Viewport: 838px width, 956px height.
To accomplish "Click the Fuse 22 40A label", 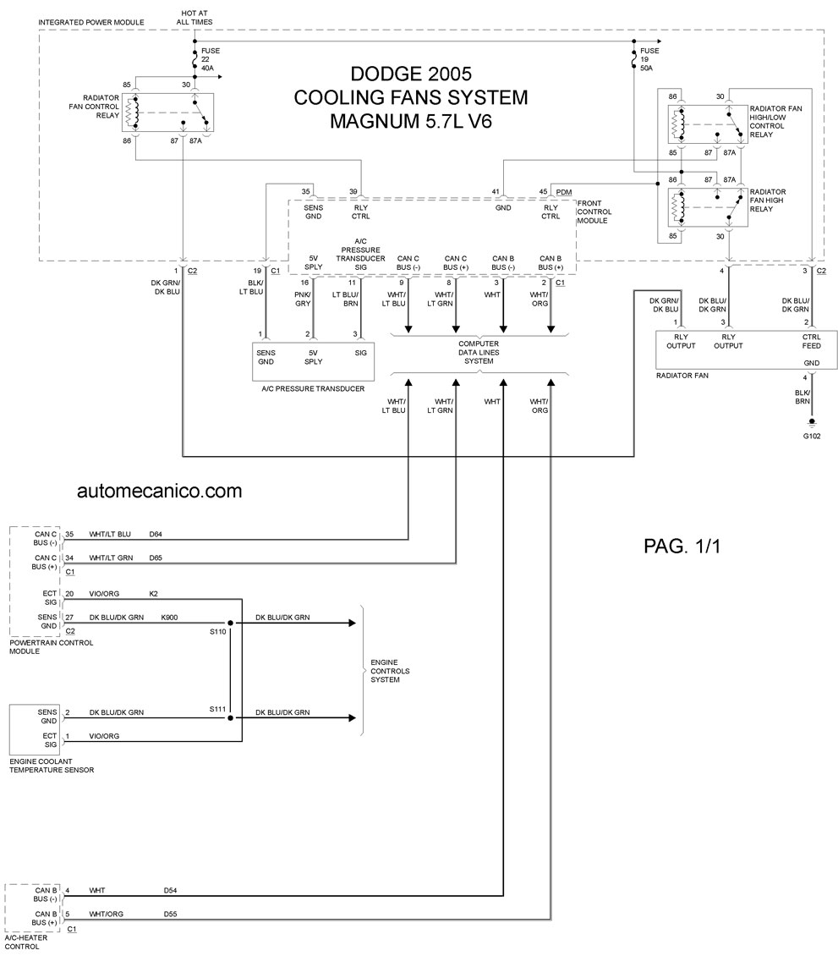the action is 211,59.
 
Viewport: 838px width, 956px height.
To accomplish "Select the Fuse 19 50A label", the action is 649,59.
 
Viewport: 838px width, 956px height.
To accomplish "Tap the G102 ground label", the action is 811,436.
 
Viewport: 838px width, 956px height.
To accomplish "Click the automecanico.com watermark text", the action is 159,491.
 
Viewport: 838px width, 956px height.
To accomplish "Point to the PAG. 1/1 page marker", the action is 682,546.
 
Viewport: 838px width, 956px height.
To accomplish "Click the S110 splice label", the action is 217,632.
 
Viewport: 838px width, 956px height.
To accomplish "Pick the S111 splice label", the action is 217,709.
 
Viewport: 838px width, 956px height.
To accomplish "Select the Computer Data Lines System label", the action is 479,353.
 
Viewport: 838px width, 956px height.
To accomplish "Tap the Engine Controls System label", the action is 390,671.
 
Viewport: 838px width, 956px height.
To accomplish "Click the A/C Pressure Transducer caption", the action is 313,388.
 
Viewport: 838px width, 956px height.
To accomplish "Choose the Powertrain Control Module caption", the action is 52,647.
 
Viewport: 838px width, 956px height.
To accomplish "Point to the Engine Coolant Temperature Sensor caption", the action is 52,766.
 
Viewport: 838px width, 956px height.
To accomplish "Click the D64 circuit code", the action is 156,534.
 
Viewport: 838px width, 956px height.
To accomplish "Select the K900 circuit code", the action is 169,617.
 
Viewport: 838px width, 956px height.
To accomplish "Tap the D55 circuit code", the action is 170,914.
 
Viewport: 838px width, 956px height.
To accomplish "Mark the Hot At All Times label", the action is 194,18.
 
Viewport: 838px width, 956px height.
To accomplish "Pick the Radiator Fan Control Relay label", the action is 94,106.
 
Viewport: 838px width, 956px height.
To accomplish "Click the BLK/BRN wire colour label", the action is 802,397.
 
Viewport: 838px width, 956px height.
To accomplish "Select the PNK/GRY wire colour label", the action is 303,299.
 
